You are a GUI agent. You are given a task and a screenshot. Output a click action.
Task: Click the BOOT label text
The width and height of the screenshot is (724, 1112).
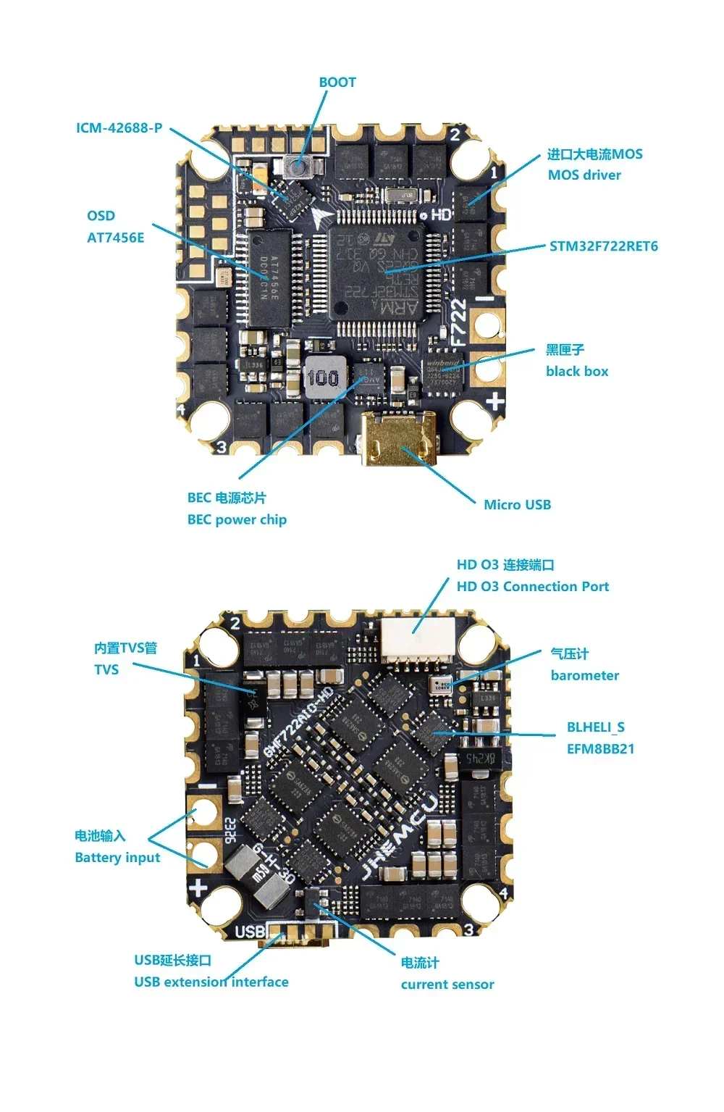(337, 83)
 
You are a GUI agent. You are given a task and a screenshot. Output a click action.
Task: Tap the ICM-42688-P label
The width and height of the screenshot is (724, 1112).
(119, 128)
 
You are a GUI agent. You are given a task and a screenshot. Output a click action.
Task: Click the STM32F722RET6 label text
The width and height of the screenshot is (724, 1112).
(603, 246)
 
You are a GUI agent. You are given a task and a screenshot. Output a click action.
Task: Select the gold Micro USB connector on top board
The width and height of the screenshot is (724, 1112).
(399, 438)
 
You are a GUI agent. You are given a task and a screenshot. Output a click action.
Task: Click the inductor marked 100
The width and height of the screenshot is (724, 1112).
(323, 377)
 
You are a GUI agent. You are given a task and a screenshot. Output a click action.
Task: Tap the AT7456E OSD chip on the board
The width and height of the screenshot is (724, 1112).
(269, 278)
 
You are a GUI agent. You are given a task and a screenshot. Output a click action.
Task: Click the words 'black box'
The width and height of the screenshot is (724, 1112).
(577, 372)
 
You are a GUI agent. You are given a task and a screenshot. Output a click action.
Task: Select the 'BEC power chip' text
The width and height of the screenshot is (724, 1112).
(237, 519)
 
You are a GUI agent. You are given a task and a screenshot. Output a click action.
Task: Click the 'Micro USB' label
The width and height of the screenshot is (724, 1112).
(517, 505)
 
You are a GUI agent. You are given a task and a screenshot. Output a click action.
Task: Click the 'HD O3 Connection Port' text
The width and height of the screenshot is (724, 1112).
(532, 587)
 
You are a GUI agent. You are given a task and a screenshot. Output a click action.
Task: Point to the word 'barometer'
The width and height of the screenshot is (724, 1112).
(584, 676)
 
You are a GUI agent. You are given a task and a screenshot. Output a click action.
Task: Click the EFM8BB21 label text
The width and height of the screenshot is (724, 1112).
(600, 749)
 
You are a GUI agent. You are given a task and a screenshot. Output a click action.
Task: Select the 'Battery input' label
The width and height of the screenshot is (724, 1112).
(117, 858)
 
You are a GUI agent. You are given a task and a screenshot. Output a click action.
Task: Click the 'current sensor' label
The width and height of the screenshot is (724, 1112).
(447, 985)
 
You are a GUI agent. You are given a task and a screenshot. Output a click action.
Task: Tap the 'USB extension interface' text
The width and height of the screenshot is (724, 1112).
(211, 982)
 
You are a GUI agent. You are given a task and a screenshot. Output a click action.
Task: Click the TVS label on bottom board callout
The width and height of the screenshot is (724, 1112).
(106, 669)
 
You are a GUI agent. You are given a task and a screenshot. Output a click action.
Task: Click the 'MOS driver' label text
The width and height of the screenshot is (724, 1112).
(584, 175)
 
